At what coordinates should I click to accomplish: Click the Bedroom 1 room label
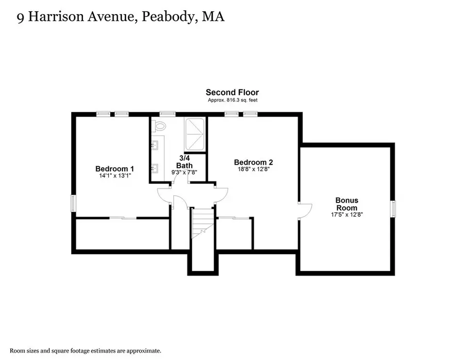[115, 169]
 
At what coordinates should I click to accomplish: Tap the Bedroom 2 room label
[253, 162]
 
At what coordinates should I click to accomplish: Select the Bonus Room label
[347, 204]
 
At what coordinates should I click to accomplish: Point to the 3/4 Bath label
[184, 162]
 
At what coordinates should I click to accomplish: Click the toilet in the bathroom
[159, 126]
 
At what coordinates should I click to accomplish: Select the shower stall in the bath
[195, 135]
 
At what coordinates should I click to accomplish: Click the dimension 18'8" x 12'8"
[253, 169]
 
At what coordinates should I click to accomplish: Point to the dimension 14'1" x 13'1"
[115, 175]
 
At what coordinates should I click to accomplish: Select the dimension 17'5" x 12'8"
[347, 214]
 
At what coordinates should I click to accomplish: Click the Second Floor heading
[232, 92]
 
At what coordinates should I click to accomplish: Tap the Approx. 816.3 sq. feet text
[233, 100]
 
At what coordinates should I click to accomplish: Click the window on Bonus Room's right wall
[394, 209]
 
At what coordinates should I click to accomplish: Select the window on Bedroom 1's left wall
[73, 203]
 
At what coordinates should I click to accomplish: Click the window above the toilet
[167, 114]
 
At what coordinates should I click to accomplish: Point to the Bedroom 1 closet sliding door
[123, 218]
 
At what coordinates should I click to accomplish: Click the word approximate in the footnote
[144, 351]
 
